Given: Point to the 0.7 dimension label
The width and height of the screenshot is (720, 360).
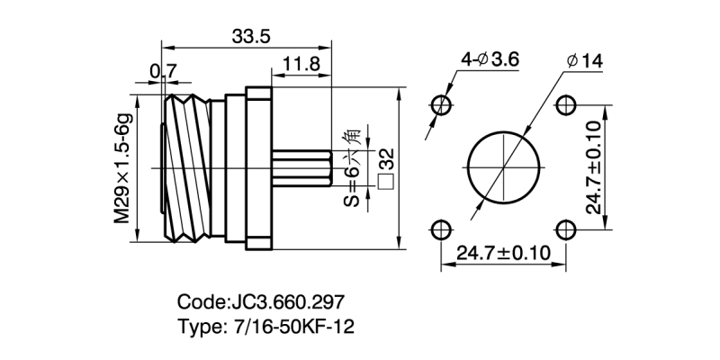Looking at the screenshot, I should click(163, 69).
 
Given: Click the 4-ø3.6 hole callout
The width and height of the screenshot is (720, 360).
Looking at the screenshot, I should click(491, 59).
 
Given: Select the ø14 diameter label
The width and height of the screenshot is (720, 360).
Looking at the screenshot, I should click(586, 61).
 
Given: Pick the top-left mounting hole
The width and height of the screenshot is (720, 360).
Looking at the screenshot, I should click(441, 105).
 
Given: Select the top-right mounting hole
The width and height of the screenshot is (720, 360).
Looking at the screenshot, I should click(566, 105).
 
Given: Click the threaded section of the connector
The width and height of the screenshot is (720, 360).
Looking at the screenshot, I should click(186, 167).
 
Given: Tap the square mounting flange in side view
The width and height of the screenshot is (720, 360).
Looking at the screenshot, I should click(258, 167).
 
